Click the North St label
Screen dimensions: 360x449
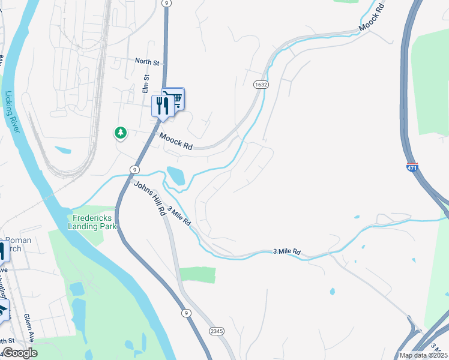pos(147,61)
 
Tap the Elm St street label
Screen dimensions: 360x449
pos(145,83)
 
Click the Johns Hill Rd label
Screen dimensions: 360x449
pos(150,197)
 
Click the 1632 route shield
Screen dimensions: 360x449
pos(261,85)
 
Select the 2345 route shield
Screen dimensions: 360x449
pos(217,331)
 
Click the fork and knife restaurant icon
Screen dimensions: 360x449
pos(162,106)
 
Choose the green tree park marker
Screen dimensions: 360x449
pos(121,133)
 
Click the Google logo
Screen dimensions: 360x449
pos(19,353)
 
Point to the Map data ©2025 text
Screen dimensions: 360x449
pos(423,355)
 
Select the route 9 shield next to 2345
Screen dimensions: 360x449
pos(187,313)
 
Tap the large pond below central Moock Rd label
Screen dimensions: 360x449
pos(176,175)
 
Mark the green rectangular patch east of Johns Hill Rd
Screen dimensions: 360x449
pos(197,275)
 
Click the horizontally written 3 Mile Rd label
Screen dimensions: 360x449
pos(286,252)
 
